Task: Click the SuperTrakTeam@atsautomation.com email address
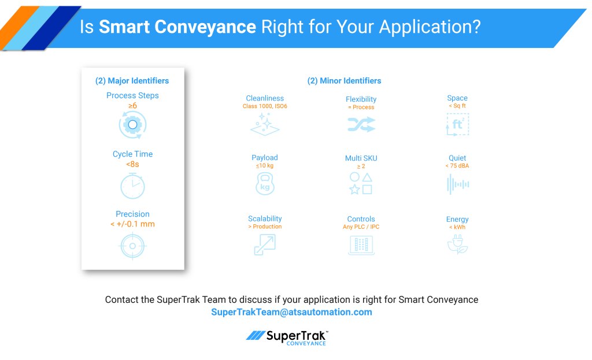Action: pyautogui.click(x=291, y=312)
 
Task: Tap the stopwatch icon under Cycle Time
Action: pyautogui.click(x=132, y=186)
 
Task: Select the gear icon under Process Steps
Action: pyautogui.click(x=132, y=125)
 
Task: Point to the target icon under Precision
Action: pyautogui.click(x=132, y=246)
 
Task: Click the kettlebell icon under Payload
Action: pyautogui.click(x=265, y=184)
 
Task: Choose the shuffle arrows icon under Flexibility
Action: pyautogui.click(x=361, y=124)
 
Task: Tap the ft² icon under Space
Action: pyautogui.click(x=458, y=124)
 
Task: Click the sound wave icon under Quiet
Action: pyautogui.click(x=458, y=184)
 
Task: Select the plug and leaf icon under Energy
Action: pyautogui.click(x=458, y=244)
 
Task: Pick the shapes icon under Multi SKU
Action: pyautogui.click(x=361, y=183)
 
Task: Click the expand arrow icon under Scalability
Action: pyautogui.click(x=265, y=244)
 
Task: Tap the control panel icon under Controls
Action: pyautogui.click(x=361, y=245)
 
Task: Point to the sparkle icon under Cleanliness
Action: pyautogui.click(x=265, y=124)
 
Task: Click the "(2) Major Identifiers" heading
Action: pyautogui.click(x=132, y=81)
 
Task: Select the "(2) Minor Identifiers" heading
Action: pyautogui.click(x=345, y=81)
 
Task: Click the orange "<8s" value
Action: pyautogui.click(x=132, y=164)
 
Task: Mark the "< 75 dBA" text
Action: pyautogui.click(x=457, y=166)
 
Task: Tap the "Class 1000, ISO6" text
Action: pyautogui.click(x=265, y=106)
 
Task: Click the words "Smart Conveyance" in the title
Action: pyautogui.click(x=177, y=27)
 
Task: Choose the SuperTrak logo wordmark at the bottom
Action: pyautogui.click(x=287, y=337)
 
